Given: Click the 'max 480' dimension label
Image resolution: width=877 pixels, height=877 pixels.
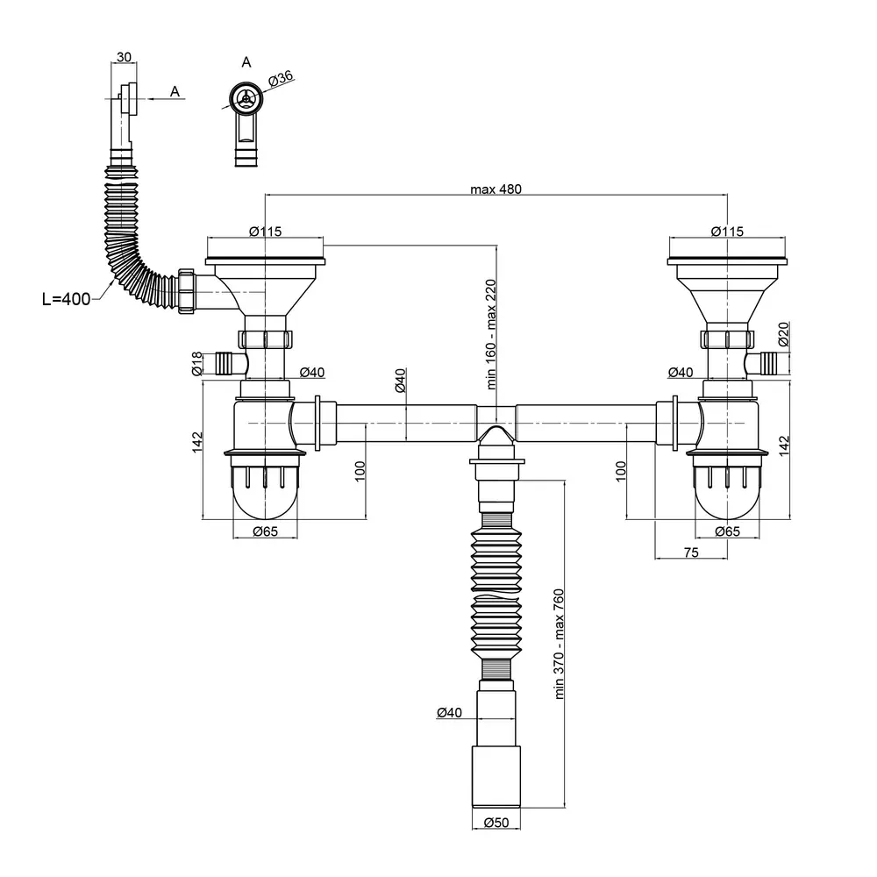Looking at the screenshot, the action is [x=496, y=189].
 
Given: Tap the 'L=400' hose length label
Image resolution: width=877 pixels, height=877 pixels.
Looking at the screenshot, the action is [x=66, y=299].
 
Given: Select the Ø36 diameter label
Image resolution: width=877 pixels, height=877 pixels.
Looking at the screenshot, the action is [x=281, y=78].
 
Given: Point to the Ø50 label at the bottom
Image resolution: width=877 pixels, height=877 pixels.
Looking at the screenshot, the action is [x=496, y=823].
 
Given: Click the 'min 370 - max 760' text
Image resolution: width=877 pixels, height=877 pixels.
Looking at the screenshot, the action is [x=559, y=644].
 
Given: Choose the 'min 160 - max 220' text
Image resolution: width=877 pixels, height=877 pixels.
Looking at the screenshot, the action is [x=491, y=334].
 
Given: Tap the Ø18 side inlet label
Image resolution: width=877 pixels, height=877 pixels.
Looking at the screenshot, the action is [x=196, y=364].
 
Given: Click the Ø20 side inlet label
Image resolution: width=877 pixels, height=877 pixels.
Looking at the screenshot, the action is [x=783, y=334].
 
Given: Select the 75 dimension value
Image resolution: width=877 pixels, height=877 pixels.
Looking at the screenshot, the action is [x=691, y=553].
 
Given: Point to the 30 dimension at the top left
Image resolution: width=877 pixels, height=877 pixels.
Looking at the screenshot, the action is [x=125, y=57].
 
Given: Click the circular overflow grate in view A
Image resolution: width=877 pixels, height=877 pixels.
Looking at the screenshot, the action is [x=246, y=99].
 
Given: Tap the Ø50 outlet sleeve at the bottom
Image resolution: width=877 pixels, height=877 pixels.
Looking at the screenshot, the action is [x=496, y=776].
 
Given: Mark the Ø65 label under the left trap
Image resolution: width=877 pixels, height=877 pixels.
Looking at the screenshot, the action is [x=265, y=531].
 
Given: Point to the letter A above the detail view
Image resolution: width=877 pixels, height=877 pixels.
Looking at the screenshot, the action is [x=246, y=62].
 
